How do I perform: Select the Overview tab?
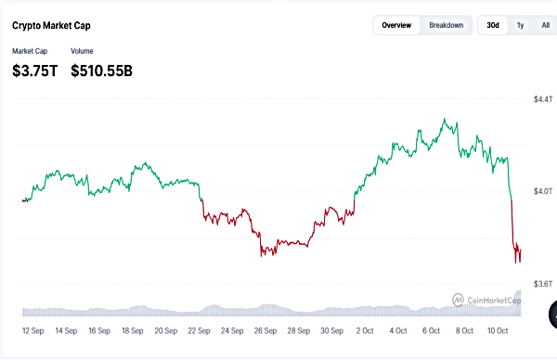(x=396, y=25)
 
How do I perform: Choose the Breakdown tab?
(x=446, y=25)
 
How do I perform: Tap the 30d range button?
(x=493, y=25)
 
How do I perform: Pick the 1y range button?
(x=520, y=25)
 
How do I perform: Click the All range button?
(x=545, y=25)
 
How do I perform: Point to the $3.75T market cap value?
(x=34, y=70)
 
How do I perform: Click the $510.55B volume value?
(x=101, y=70)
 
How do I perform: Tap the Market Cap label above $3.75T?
(x=30, y=51)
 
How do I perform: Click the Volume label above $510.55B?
(x=83, y=51)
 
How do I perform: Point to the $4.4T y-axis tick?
(x=543, y=99)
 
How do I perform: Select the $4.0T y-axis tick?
(x=543, y=191)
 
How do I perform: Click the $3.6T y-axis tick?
(x=543, y=283)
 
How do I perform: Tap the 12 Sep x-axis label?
(x=36, y=329)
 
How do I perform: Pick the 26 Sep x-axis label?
(x=266, y=329)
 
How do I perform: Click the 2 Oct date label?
(x=365, y=329)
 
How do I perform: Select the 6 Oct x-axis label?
(x=431, y=329)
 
